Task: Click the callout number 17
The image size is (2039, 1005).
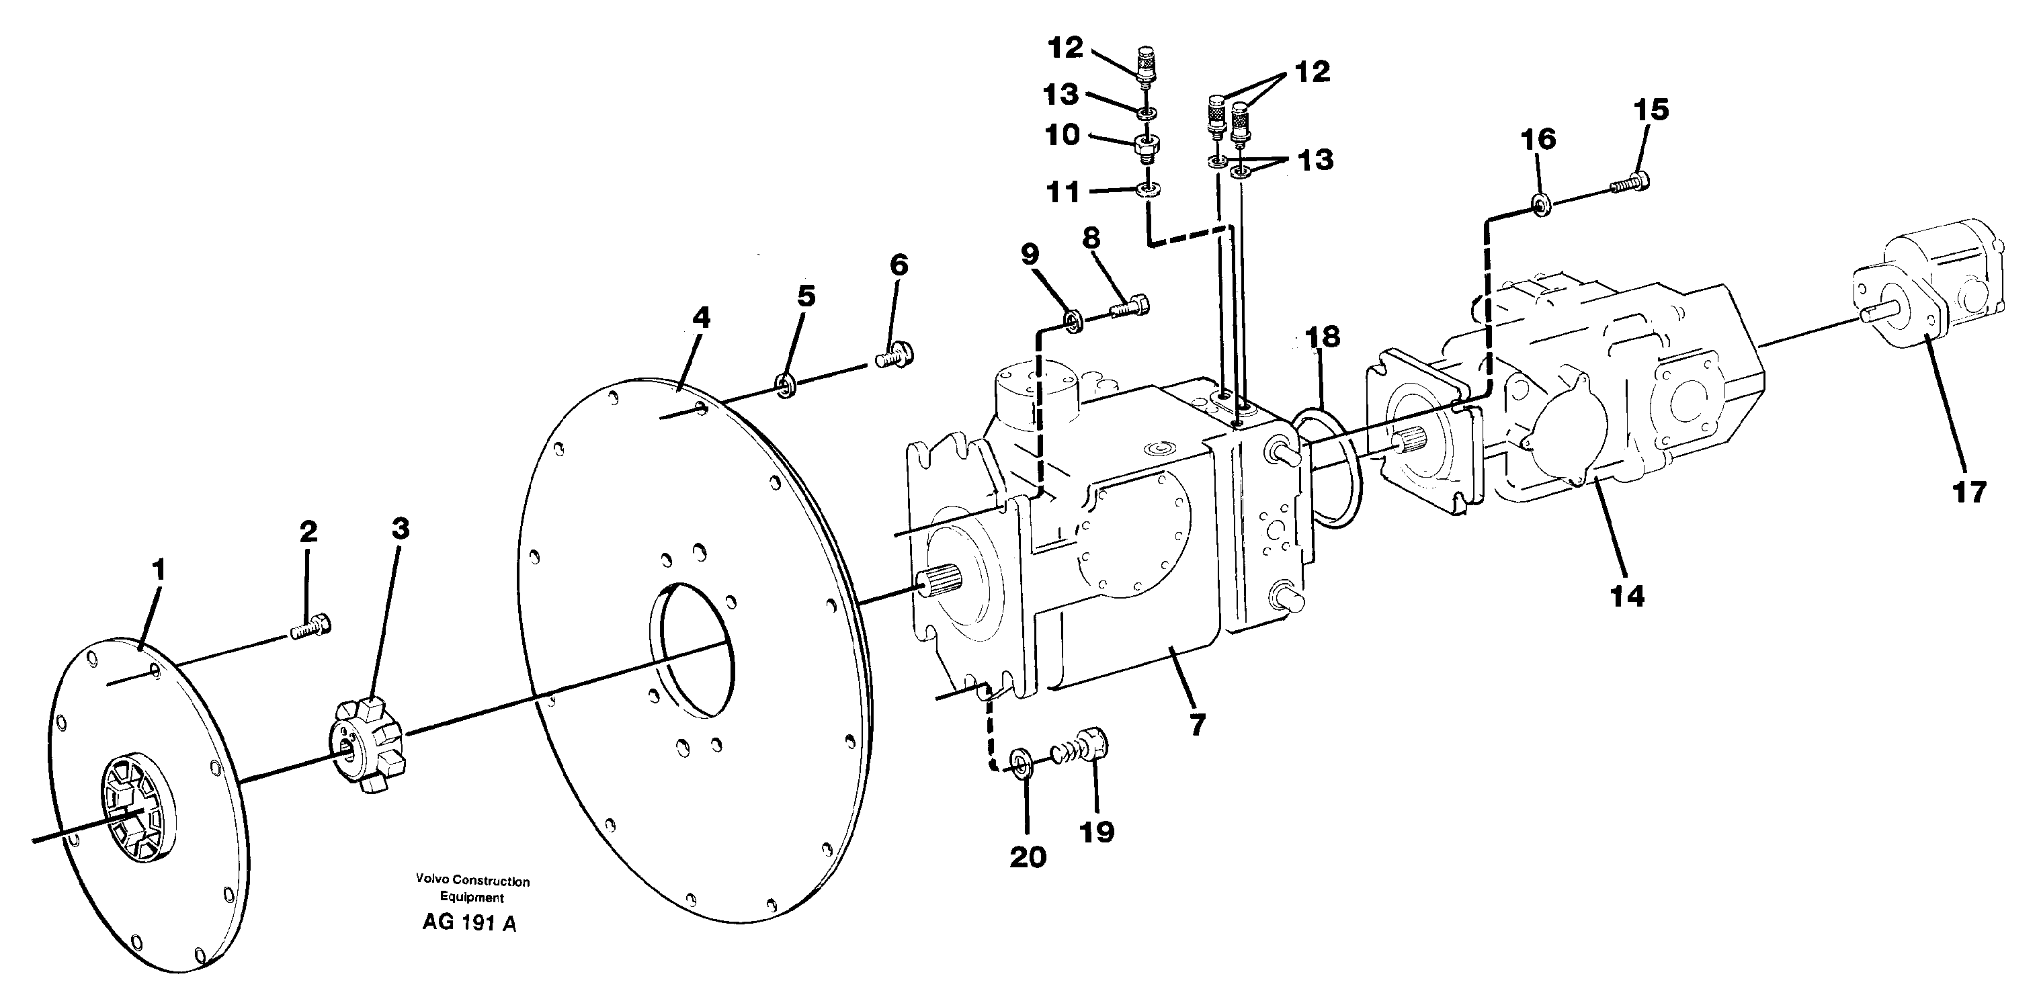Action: tap(1969, 492)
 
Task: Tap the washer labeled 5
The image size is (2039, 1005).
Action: tap(785, 386)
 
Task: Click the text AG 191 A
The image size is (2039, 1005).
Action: tap(468, 922)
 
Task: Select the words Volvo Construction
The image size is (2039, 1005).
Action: tap(472, 881)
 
